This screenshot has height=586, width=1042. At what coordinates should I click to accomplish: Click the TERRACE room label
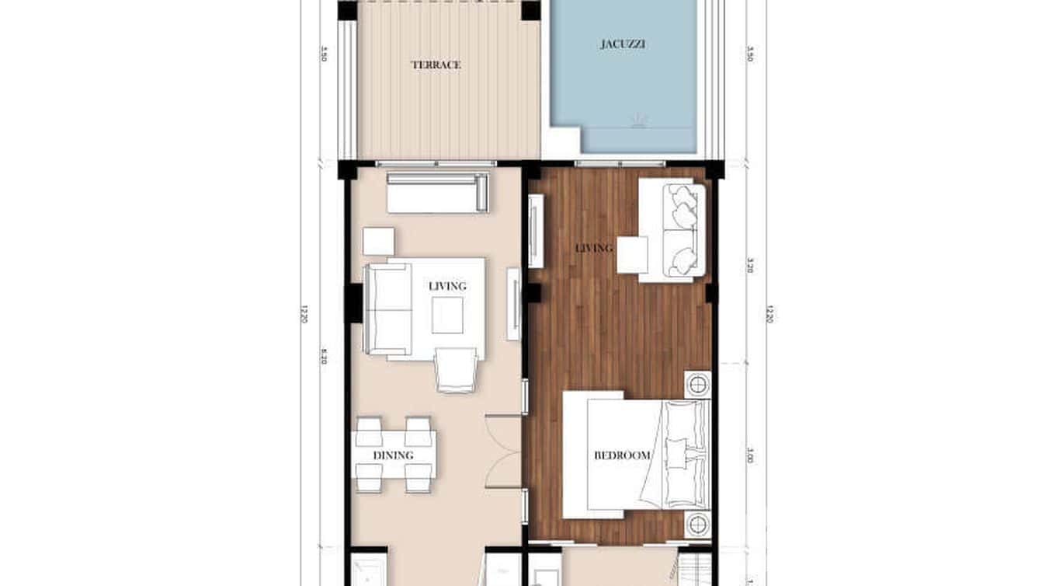(x=436, y=65)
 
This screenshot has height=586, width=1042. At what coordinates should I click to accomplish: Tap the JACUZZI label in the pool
(x=623, y=44)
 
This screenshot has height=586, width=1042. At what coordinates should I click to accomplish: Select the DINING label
(x=393, y=455)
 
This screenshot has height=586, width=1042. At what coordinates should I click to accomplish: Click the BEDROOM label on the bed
(x=622, y=455)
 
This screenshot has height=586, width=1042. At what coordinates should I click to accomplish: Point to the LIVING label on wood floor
(x=594, y=249)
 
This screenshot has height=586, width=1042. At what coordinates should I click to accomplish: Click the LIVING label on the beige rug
(x=447, y=286)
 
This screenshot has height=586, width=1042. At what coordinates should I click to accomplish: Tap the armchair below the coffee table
(x=456, y=370)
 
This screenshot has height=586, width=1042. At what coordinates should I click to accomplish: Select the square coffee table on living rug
(x=447, y=315)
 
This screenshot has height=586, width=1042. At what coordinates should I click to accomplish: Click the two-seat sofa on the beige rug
(x=388, y=310)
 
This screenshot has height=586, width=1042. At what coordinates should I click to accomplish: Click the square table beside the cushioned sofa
(x=632, y=254)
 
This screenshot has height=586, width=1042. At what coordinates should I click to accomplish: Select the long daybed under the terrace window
(x=438, y=194)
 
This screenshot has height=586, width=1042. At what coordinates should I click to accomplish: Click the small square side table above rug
(x=378, y=241)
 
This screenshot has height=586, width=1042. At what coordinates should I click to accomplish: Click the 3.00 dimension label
(x=750, y=458)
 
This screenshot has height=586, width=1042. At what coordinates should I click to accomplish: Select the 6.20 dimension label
(x=322, y=359)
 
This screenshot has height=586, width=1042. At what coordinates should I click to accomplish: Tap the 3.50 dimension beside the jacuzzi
(x=750, y=57)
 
